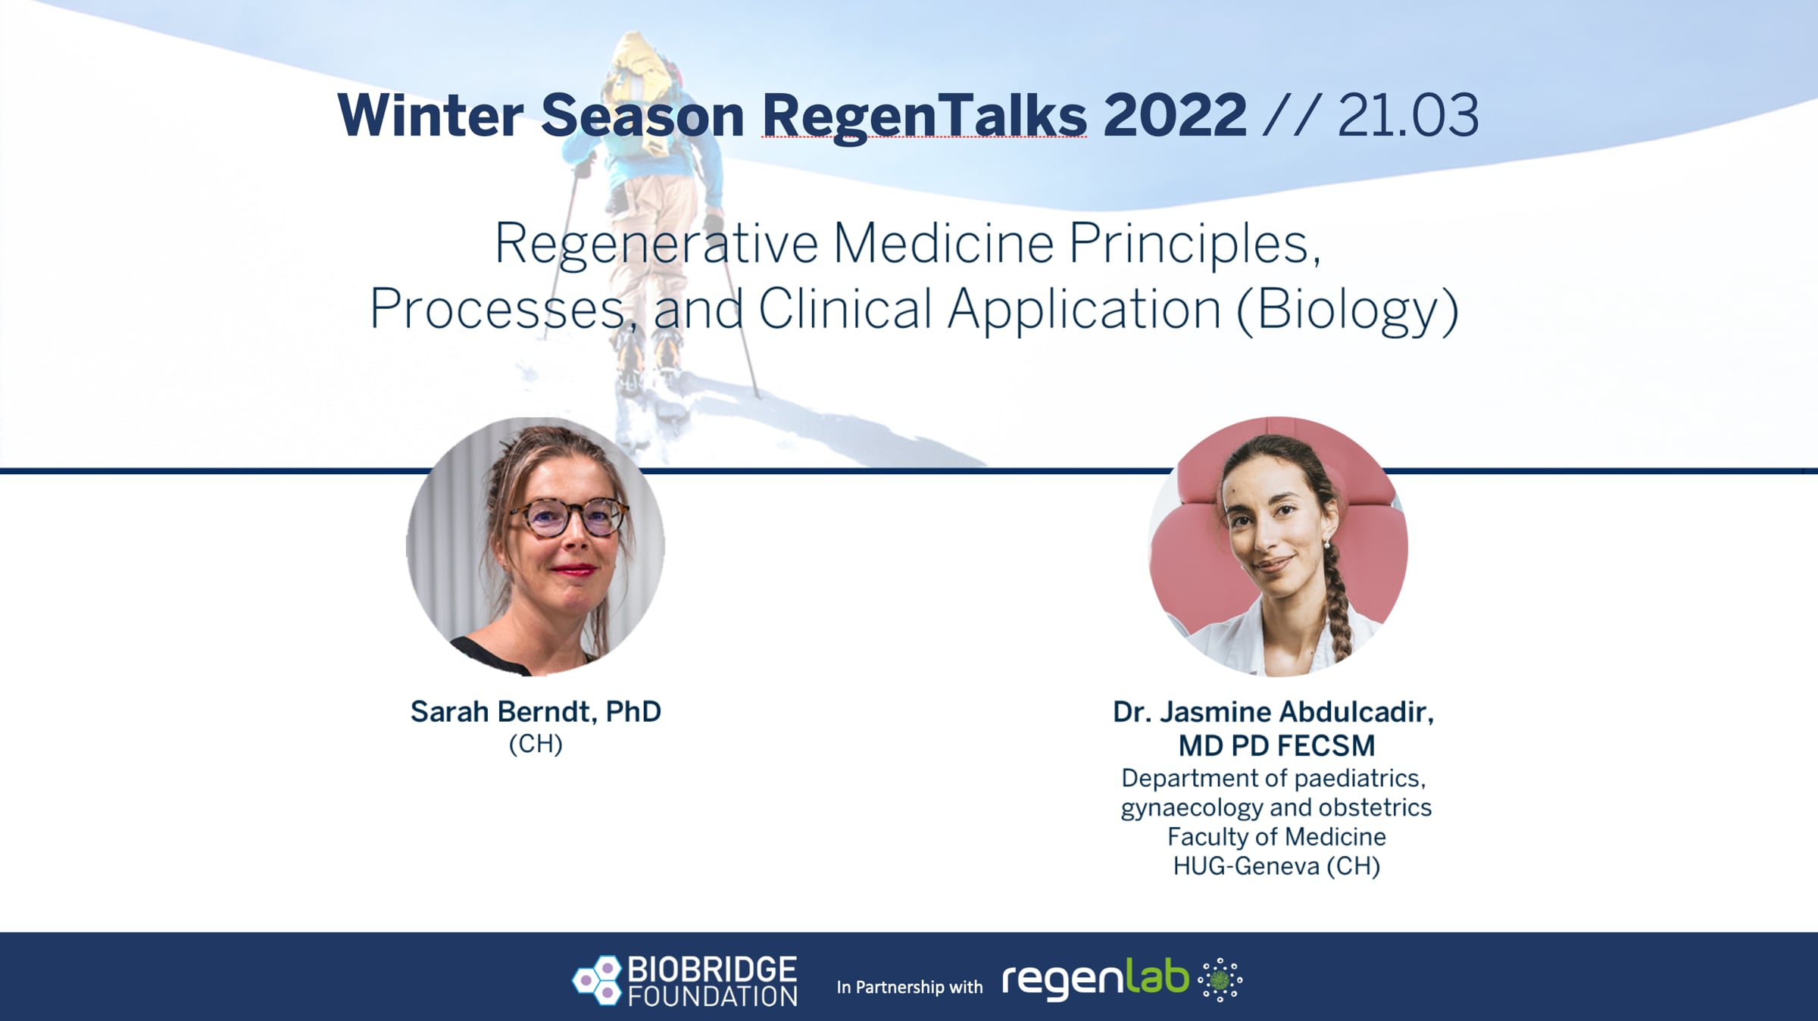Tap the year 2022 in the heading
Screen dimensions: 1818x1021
(x=1175, y=115)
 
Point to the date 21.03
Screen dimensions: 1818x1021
(x=1408, y=115)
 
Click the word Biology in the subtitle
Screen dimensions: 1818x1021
(x=1348, y=310)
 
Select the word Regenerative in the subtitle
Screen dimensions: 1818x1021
(x=656, y=245)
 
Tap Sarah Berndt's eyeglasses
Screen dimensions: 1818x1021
(x=568, y=519)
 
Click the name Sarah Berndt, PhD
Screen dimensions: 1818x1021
(x=536, y=711)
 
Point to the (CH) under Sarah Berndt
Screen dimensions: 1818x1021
(x=536, y=744)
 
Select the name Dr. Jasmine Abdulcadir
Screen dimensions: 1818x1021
(x=1273, y=712)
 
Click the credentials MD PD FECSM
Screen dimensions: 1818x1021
(x=1276, y=746)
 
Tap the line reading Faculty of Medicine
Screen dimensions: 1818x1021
(x=1276, y=836)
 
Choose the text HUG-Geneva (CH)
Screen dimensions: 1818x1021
(x=1276, y=866)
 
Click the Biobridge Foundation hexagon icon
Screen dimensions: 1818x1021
(x=597, y=980)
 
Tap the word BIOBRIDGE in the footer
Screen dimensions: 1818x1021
(x=712, y=969)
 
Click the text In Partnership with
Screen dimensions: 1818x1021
(x=909, y=987)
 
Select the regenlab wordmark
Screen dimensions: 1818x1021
(x=1095, y=979)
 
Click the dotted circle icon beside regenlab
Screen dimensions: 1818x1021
(x=1220, y=980)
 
